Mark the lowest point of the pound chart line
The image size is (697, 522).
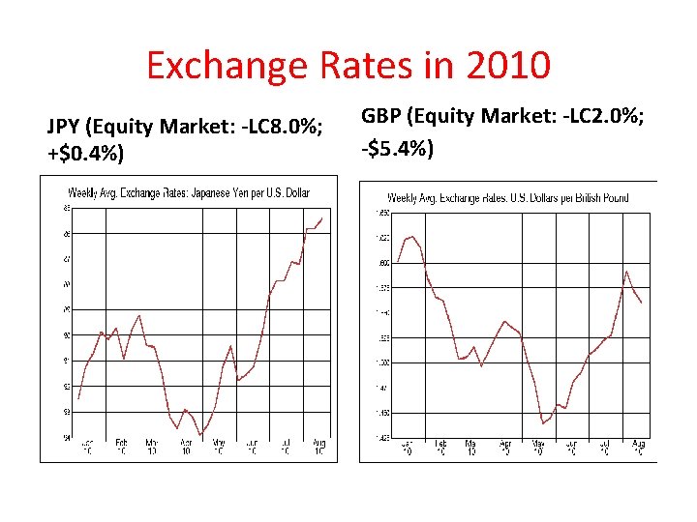tap(544, 423)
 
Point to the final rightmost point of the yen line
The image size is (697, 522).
tap(322, 217)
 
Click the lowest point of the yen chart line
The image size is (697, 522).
tap(201, 435)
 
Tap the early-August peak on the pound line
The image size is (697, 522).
tap(627, 271)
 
